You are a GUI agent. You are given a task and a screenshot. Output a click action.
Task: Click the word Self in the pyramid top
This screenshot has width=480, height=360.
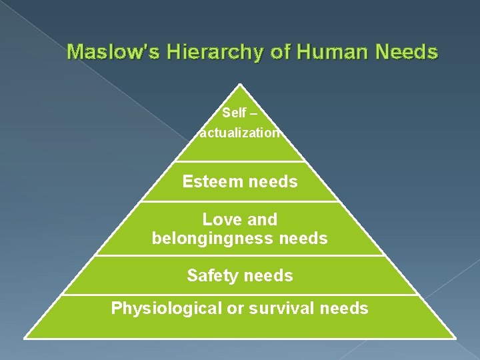(234, 113)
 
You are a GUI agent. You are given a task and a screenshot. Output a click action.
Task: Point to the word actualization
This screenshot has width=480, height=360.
(240, 133)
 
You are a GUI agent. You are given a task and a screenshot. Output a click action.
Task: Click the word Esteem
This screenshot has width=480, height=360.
(209, 181)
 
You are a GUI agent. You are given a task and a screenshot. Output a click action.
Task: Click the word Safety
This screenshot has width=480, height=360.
(210, 275)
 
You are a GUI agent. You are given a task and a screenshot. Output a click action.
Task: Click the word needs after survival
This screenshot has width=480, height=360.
(344, 308)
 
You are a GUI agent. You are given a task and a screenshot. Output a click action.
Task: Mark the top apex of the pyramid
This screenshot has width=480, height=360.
(239, 85)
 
